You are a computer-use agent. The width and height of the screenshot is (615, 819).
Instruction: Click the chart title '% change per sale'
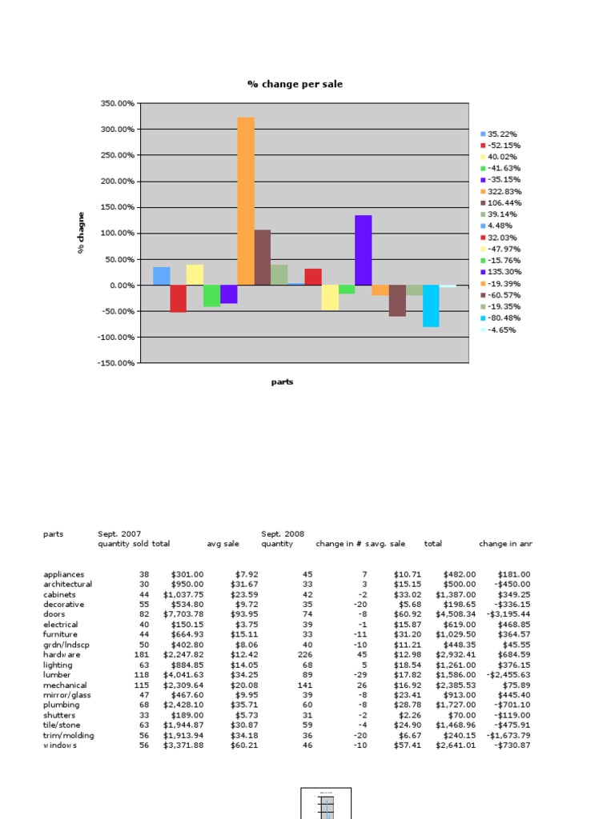(295, 84)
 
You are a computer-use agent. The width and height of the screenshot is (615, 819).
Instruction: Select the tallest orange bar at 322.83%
(246, 201)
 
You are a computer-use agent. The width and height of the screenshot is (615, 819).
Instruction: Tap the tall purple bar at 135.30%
(364, 250)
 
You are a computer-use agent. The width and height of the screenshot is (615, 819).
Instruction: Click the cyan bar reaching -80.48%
(431, 306)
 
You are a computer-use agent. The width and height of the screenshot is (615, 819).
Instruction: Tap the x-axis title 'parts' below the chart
(282, 382)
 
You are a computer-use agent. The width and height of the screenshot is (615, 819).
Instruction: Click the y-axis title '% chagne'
(81, 233)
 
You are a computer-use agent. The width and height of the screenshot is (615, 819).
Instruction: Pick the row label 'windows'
(60, 746)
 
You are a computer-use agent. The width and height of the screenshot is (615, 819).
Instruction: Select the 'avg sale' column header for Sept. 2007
(223, 544)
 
